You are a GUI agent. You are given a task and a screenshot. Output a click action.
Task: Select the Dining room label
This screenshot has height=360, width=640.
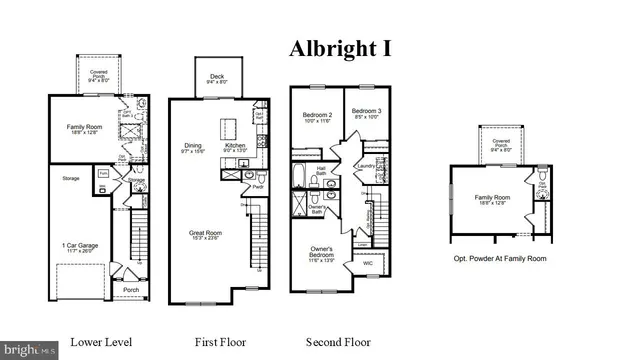(x=193, y=147)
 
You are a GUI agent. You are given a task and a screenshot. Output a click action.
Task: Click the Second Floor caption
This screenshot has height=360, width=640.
(x=338, y=342)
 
